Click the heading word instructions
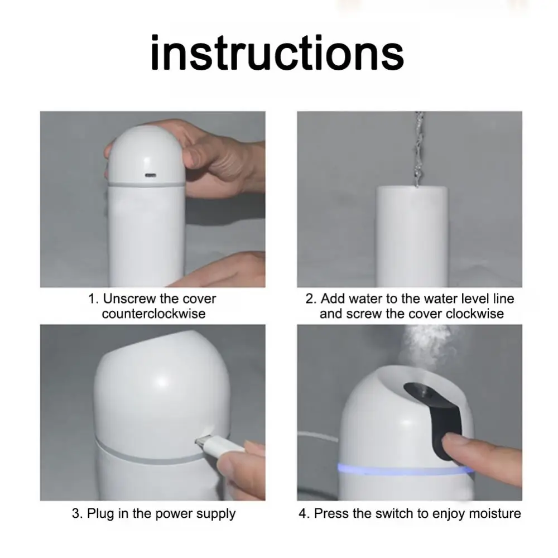(x=277, y=54)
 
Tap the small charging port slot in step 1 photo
(x=150, y=175)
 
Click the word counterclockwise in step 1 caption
(x=154, y=314)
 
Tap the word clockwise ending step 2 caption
(x=475, y=314)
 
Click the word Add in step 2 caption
(x=333, y=299)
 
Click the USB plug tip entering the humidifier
(x=200, y=442)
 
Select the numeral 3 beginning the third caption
(x=75, y=514)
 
